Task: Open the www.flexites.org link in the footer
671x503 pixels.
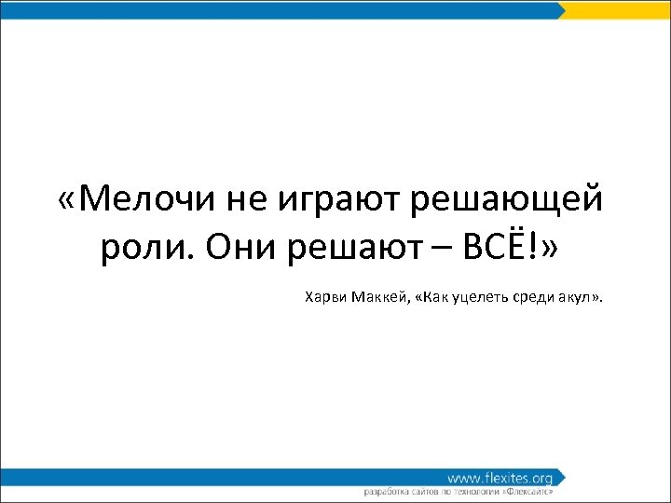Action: tap(499, 477)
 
